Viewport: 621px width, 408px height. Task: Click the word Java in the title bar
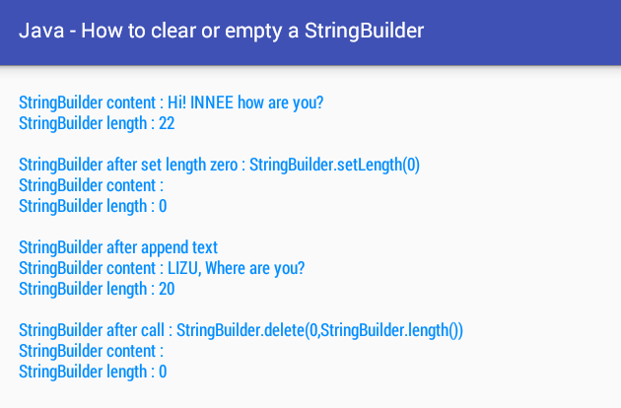(41, 31)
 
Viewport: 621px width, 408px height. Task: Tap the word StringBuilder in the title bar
(364, 31)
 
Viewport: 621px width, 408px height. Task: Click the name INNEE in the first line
(212, 102)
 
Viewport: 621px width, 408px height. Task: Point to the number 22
(167, 123)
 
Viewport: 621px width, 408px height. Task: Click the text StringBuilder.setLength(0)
(335, 165)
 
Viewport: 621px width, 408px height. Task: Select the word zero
(224, 165)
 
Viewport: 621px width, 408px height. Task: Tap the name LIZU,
(184, 268)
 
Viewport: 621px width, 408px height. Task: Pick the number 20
(167, 289)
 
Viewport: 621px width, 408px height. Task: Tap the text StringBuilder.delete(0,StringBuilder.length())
(319, 330)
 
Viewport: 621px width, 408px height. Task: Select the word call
(153, 330)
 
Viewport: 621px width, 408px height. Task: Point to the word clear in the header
(173, 31)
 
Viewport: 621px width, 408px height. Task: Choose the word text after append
(205, 247)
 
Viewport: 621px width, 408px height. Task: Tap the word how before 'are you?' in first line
(250, 102)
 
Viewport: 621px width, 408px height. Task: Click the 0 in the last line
(163, 372)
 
